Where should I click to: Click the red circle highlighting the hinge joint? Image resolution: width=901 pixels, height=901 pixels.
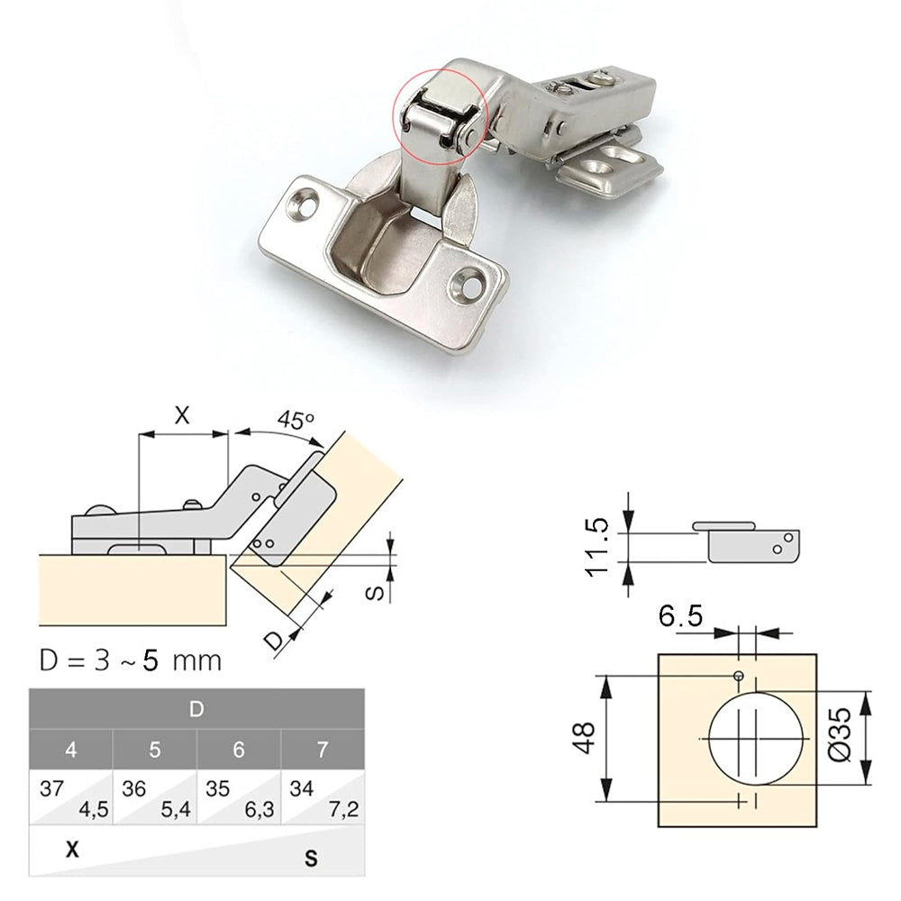[440, 114]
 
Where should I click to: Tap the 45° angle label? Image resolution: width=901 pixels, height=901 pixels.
[295, 421]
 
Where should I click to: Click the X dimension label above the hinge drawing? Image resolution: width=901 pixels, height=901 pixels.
[182, 415]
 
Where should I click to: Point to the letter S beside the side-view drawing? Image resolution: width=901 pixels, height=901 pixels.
[379, 591]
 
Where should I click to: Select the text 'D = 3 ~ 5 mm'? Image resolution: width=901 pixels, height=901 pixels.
[131, 660]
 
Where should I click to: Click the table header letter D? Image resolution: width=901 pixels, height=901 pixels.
[196, 709]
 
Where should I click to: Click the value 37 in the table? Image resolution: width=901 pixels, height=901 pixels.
[51, 788]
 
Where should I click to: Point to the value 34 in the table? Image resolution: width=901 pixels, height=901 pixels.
[303, 788]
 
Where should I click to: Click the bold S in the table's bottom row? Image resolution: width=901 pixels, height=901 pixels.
[311, 859]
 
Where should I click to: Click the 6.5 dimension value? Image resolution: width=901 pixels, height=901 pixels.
[680, 617]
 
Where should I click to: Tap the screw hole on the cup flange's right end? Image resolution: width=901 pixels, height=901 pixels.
[469, 283]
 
